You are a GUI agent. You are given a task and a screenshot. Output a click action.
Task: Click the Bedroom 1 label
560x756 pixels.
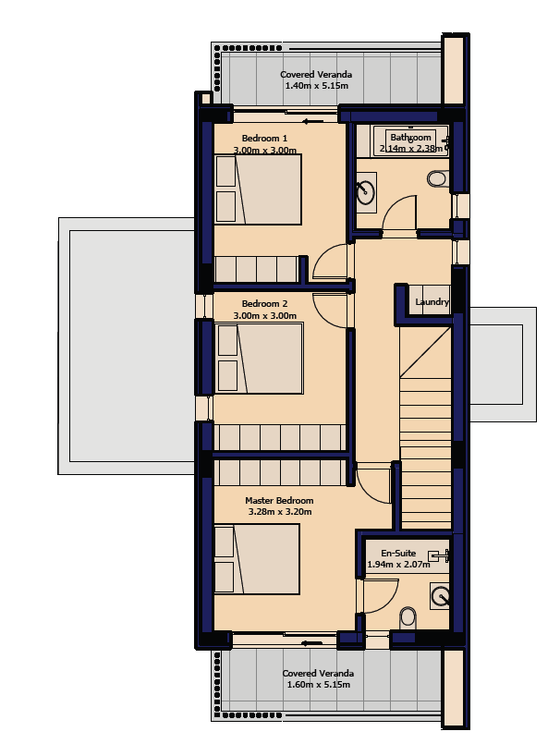(x=264, y=139)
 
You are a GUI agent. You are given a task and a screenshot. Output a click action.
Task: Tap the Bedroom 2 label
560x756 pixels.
(x=264, y=304)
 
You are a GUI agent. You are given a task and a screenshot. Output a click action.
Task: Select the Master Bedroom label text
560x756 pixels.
(x=279, y=501)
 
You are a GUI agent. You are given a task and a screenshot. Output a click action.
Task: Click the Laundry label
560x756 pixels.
(x=432, y=302)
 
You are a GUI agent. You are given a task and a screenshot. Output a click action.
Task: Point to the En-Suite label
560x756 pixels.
(x=398, y=553)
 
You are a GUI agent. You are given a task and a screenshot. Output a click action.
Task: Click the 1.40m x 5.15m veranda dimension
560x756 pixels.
(x=317, y=86)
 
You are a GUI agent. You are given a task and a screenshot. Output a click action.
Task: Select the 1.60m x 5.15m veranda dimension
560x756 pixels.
(x=319, y=685)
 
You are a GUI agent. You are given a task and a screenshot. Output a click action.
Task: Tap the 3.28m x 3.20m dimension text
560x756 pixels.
(x=279, y=512)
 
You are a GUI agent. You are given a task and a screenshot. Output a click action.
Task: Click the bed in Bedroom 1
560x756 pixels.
(x=258, y=189)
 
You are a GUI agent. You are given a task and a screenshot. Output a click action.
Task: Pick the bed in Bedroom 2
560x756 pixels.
(x=260, y=359)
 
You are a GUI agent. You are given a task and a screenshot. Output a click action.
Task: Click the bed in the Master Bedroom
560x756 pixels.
(x=257, y=559)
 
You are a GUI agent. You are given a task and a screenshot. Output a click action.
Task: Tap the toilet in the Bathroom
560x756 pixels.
(x=438, y=179)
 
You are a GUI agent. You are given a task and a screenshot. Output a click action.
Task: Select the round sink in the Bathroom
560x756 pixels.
(x=365, y=192)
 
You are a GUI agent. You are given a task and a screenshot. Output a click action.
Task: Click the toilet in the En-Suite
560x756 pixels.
(x=408, y=617)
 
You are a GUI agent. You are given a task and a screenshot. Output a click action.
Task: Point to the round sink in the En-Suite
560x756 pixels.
(x=441, y=596)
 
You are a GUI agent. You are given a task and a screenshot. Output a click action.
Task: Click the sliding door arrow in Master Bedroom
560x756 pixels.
(x=311, y=642)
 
